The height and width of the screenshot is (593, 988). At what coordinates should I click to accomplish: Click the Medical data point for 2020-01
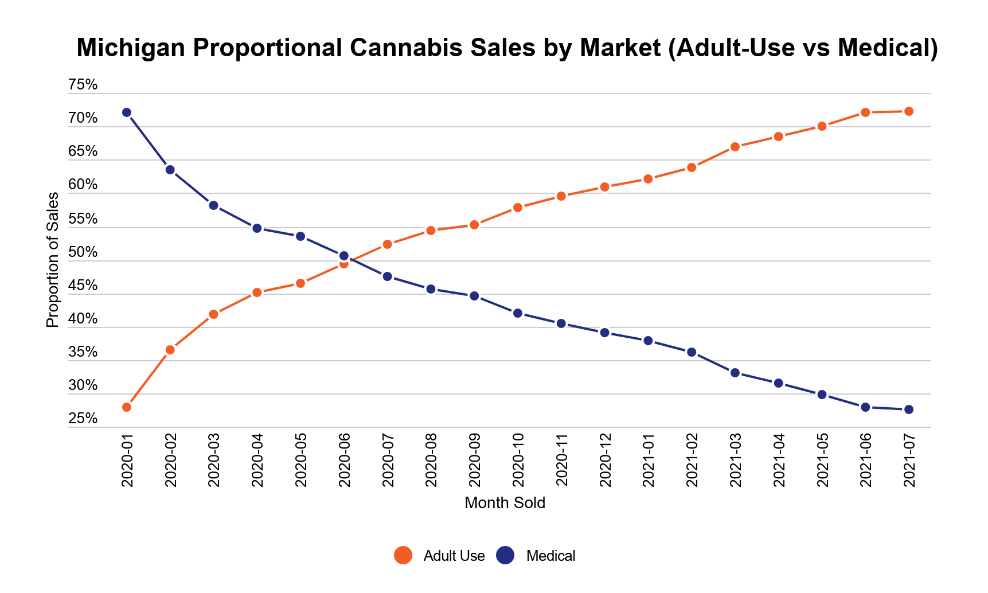(x=127, y=112)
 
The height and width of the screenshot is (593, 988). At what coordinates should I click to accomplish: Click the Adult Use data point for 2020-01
(x=127, y=407)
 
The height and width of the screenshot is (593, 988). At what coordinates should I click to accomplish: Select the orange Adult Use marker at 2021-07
(x=909, y=111)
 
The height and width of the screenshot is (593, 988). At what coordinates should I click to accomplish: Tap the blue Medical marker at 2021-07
(x=909, y=409)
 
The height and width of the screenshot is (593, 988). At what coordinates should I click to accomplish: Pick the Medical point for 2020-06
(x=344, y=256)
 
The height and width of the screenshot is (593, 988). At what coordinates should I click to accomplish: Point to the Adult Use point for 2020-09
(x=474, y=225)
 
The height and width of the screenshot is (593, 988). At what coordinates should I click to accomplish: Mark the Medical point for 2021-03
(x=735, y=373)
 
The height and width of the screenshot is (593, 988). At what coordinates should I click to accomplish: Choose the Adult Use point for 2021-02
(x=692, y=167)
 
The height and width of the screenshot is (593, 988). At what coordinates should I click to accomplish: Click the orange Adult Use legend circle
(x=403, y=555)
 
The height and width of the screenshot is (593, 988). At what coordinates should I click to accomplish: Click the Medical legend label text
(x=550, y=556)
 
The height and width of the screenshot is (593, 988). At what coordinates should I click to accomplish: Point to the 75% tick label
(x=83, y=85)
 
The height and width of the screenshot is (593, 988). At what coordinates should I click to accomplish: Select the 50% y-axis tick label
(x=83, y=252)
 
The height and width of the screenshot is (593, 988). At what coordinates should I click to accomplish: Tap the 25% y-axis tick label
(x=83, y=419)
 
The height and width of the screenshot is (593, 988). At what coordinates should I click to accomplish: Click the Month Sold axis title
(x=505, y=503)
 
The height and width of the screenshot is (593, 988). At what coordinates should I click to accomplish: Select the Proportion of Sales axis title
(x=52, y=260)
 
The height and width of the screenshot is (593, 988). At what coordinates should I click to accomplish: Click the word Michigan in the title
(x=130, y=48)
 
